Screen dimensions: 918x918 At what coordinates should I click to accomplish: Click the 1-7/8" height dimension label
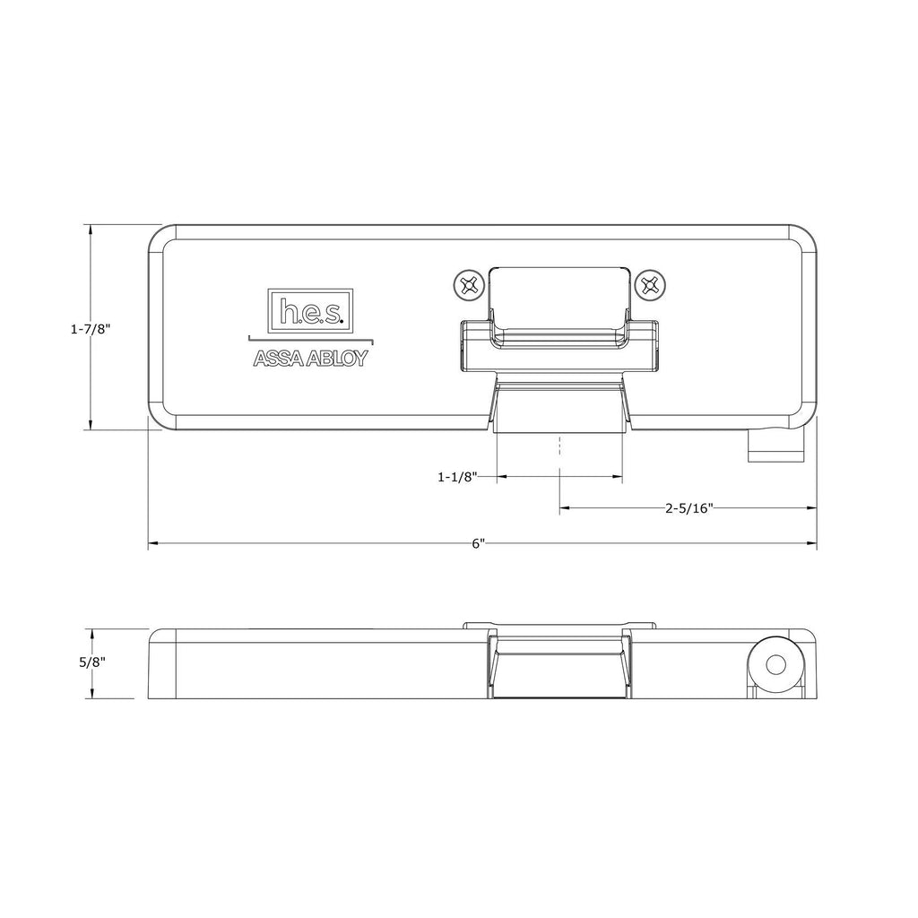[90, 329]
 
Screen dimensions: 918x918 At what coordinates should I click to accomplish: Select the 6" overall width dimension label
[478, 544]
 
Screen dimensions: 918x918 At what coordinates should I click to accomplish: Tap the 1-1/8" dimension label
[456, 478]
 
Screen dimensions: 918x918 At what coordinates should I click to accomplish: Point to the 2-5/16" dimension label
[688, 508]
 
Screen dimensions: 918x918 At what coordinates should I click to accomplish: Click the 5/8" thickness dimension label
[92, 663]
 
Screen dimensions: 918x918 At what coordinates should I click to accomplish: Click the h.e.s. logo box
[311, 310]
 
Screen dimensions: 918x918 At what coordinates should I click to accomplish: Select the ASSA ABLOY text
[310, 359]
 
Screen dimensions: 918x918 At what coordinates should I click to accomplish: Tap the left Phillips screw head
[467, 286]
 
